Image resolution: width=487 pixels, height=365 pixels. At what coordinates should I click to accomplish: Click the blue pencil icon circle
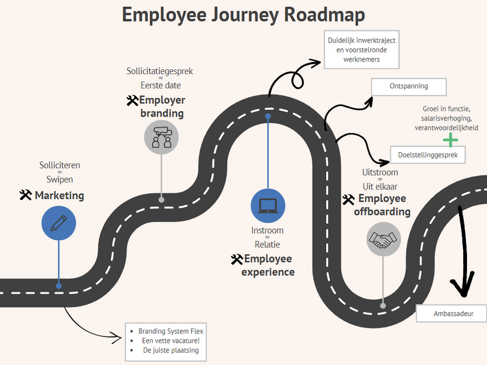(x=58, y=223)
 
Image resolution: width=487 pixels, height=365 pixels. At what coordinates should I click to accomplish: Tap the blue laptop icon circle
(x=268, y=206)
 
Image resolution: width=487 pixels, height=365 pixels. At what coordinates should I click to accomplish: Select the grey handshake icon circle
(x=384, y=239)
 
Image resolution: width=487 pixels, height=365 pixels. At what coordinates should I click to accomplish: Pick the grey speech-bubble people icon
(x=161, y=137)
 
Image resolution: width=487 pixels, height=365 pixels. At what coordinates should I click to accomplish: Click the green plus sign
(x=450, y=140)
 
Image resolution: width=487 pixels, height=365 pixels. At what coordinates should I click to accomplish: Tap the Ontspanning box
(x=408, y=87)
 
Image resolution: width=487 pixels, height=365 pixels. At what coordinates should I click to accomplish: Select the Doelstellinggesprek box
(x=428, y=155)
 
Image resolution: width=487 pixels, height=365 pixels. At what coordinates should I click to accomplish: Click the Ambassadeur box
(x=451, y=313)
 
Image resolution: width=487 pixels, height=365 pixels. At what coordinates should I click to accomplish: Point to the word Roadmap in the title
(x=324, y=15)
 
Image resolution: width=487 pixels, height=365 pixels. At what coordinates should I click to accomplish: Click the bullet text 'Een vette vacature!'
(x=171, y=341)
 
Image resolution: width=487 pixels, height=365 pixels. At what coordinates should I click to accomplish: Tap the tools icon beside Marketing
(x=26, y=195)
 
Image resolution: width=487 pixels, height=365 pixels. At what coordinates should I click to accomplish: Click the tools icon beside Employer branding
(x=132, y=100)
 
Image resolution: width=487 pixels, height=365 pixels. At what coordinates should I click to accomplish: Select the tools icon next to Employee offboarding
(x=348, y=200)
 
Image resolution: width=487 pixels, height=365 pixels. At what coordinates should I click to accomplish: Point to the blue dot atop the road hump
(x=268, y=116)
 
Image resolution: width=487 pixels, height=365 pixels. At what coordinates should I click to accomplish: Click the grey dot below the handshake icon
(x=383, y=306)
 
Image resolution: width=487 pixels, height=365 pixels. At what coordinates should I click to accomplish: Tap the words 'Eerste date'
(x=161, y=85)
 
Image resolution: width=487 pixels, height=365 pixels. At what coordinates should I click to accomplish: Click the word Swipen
(x=60, y=179)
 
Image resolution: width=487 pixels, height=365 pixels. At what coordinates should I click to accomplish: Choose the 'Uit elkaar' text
(x=380, y=186)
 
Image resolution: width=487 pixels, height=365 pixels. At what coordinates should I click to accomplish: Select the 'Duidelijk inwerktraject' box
(x=362, y=50)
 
